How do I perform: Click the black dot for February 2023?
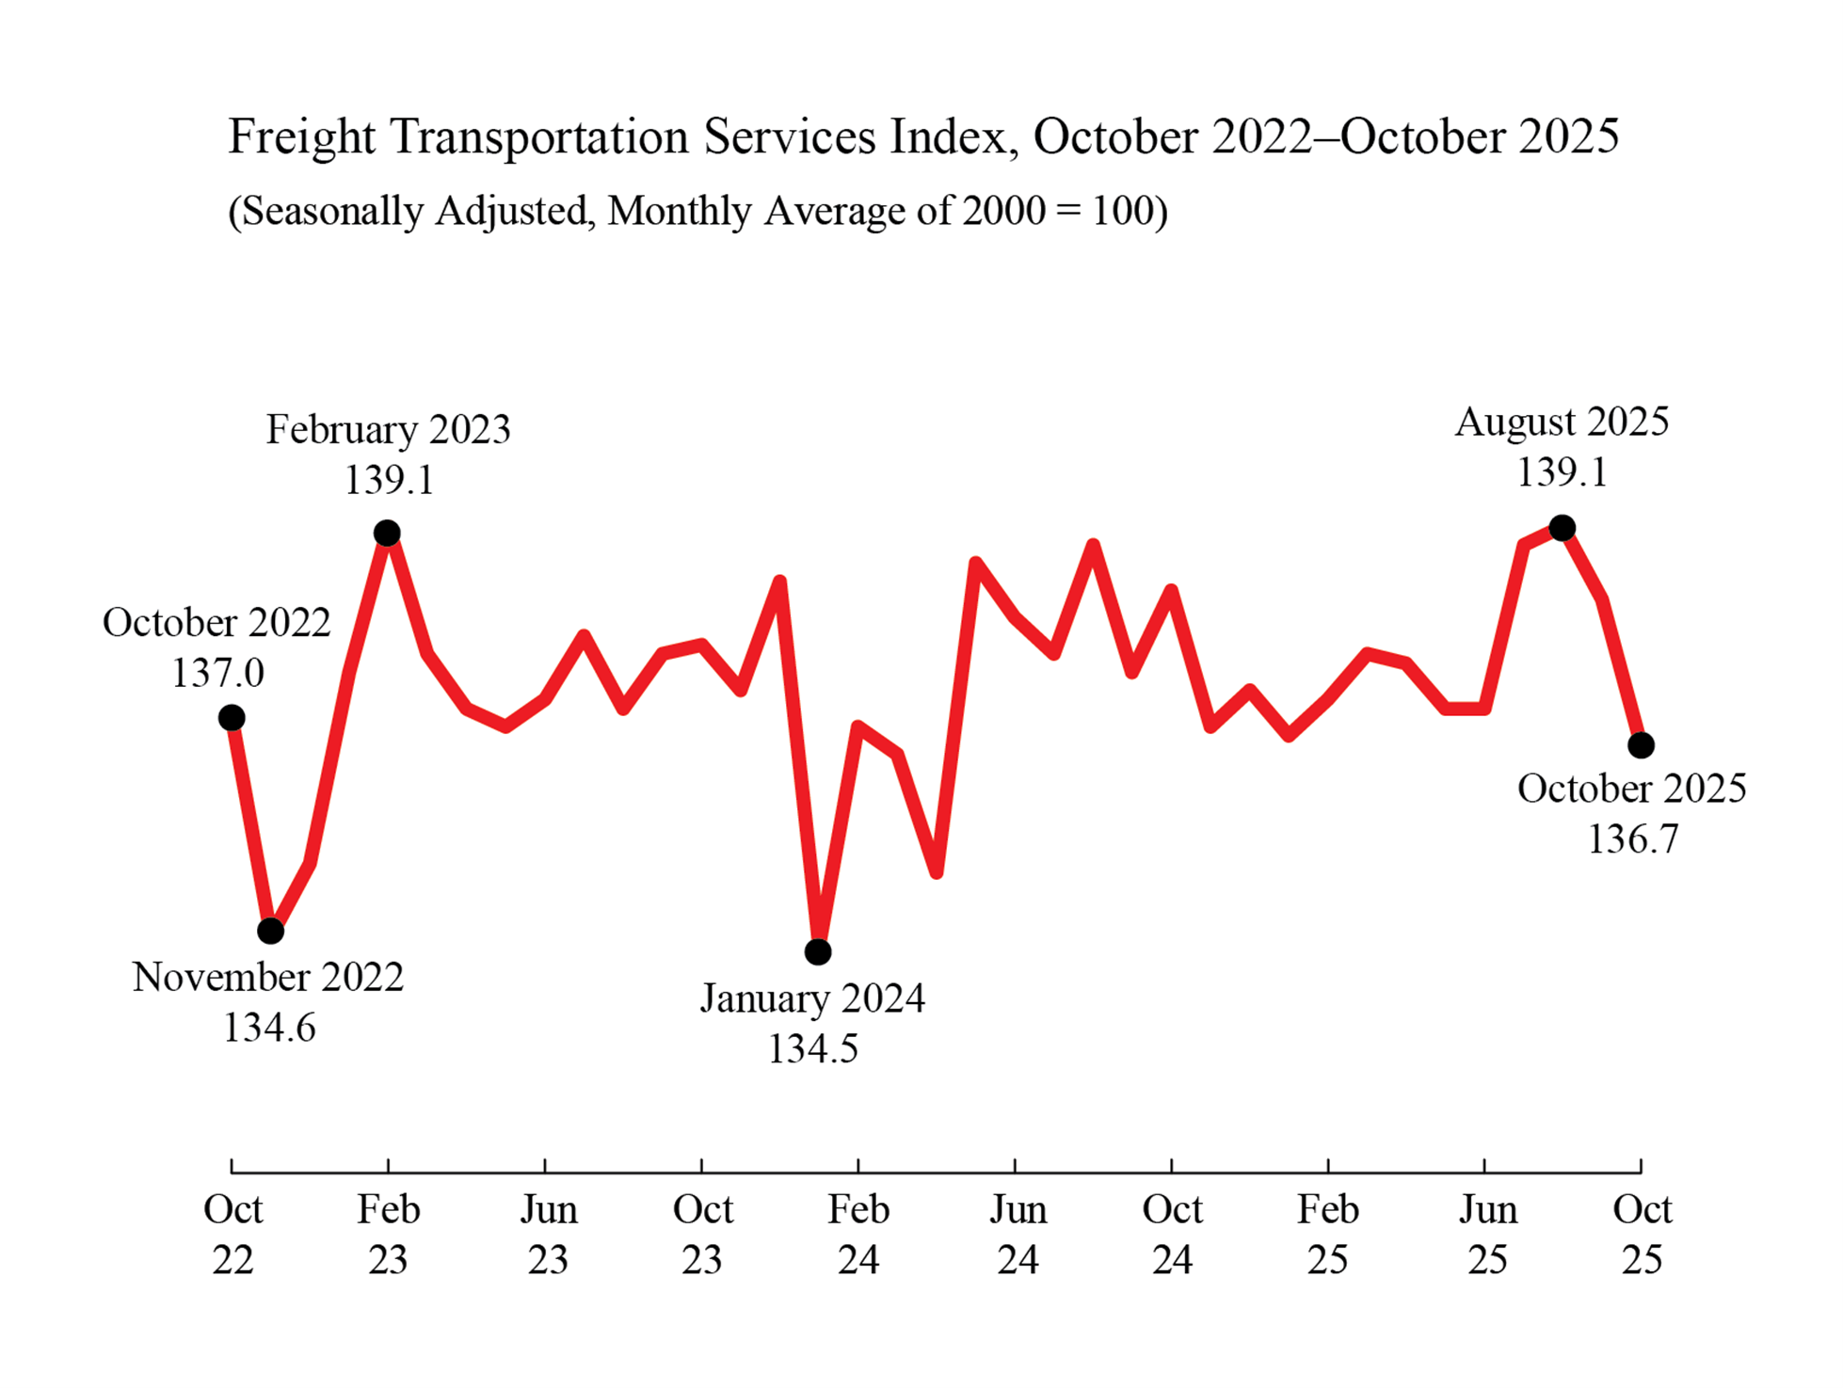[x=387, y=534]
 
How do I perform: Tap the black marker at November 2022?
[x=270, y=931]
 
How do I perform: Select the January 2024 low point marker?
[x=818, y=951]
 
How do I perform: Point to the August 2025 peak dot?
[x=1562, y=528]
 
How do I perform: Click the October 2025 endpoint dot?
[x=1641, y=745]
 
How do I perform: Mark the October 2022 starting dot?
[x=232, y=718]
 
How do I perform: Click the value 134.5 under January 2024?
[x=812, y=1048]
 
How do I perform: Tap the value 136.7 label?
[x=1632, y=838]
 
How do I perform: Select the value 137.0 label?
[x=217, y=673]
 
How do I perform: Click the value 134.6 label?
[x=268, y=1028]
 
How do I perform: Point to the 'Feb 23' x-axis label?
[x=388, y=1233]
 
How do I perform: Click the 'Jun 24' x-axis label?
[x=1017, y=1233]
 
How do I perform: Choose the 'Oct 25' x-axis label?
[x=1642, y=1233]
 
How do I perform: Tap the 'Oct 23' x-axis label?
[x=702, y=1233]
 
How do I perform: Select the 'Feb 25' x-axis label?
[x=1327, y=1233]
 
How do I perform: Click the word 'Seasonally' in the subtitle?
[x=334, y=211]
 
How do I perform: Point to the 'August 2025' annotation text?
[x=1562, y=422]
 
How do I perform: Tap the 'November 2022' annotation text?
[x=268, y=977]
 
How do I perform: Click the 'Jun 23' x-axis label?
[x=548, y=1233]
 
